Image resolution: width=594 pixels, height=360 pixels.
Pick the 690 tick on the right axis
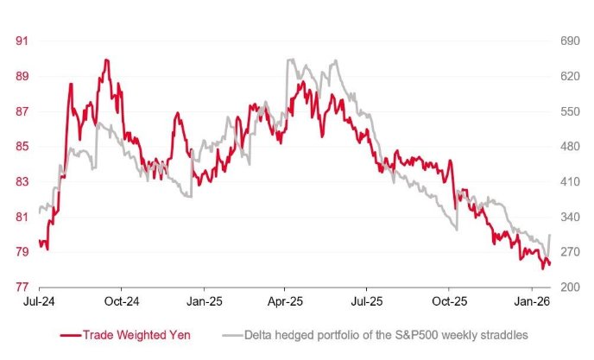click(x=570, y=41)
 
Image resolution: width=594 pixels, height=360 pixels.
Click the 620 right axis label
click(x=570, y=76)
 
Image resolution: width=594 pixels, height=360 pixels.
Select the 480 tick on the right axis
click(x=570, y=147)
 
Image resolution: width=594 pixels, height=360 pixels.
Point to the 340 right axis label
click(x=570, y=217)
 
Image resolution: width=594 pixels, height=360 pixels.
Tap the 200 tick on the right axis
click(x=570, y=287)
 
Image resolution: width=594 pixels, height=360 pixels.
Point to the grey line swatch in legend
click(x=232, y=334)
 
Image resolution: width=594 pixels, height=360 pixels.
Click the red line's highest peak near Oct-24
click(x=105, y=60)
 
